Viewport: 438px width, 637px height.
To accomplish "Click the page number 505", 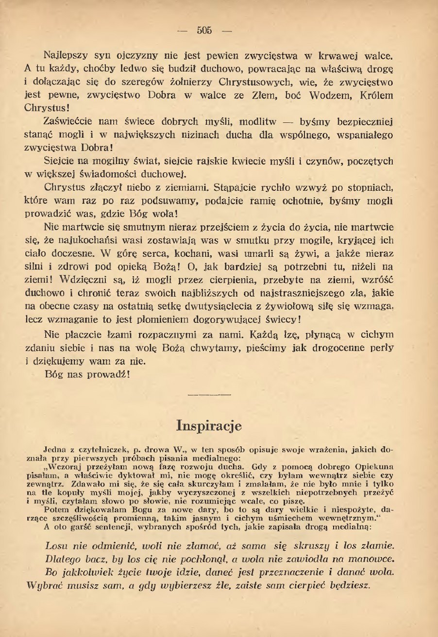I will point(204,31).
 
